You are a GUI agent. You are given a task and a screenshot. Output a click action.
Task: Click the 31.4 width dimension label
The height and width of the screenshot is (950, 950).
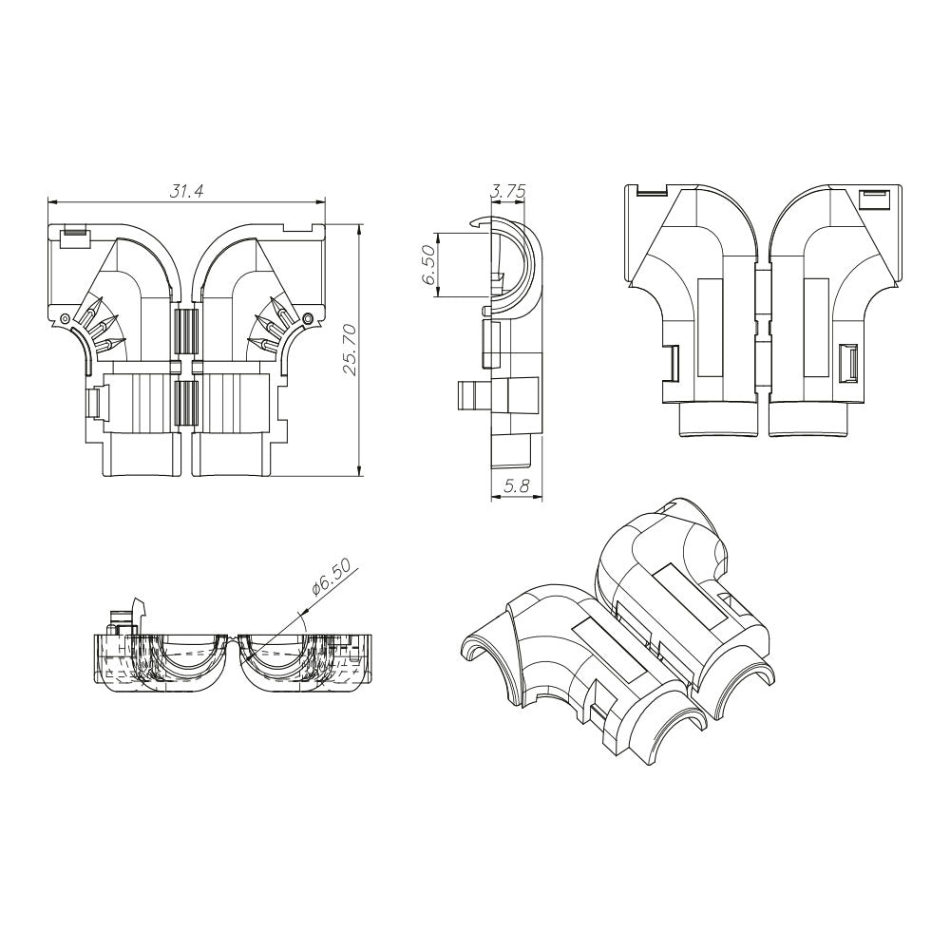(186, 191)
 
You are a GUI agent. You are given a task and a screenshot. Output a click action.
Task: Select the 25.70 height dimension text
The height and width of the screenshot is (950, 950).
(351, 350)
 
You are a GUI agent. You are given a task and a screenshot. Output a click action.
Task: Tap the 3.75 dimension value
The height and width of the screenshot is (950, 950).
(507, 191)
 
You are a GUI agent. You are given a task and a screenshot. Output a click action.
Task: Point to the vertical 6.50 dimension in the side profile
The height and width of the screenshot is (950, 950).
(428, 265)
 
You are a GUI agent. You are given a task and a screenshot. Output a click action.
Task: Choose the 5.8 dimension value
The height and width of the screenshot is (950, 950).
(516, 485)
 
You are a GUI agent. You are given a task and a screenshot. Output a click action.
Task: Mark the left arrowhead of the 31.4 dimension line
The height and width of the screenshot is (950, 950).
(52, 201)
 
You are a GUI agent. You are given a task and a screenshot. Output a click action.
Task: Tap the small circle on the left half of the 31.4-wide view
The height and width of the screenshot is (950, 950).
(63, 317)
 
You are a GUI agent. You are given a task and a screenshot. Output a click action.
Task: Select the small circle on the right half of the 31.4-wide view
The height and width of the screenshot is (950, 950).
(309, 317)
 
